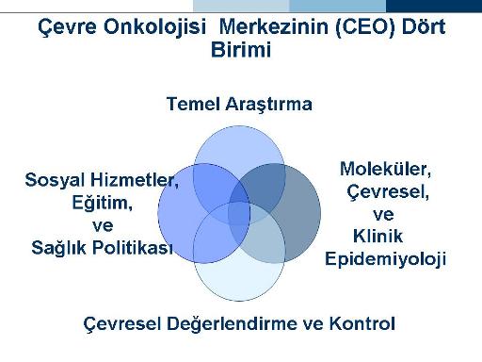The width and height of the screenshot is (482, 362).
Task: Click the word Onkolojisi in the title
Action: pos(154,27)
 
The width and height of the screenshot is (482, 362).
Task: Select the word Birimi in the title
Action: pos(241,50)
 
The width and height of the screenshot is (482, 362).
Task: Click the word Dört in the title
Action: pos(424,26)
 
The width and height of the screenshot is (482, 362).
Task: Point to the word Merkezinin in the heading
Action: pos(273,26)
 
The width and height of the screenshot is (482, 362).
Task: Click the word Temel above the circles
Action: pos(193,104)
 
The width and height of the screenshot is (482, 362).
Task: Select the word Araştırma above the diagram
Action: pos(268,105)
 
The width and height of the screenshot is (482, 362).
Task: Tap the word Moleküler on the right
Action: pos(385,169)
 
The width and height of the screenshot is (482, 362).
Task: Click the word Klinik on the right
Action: pos(378,236)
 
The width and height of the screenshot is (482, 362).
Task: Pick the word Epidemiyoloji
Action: pos(385,260)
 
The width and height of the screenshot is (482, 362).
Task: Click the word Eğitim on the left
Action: pos(103,203)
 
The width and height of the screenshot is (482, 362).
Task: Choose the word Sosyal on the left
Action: pos(55,180)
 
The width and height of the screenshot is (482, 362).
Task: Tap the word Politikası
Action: pos(133,247)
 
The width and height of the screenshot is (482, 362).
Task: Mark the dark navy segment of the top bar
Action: pos(434,6)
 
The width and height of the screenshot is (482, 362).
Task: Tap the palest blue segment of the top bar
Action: pos(241,6)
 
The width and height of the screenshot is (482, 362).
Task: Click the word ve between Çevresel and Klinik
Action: pos(383,215)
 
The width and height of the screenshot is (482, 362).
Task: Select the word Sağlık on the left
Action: pos(58,248)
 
